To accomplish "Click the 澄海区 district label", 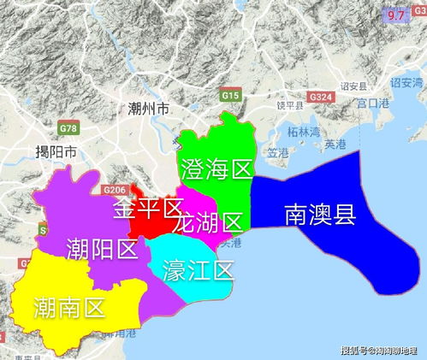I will pyautogui.click(x=215, y=168).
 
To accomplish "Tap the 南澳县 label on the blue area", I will pyautogui.click(x=319, y=214).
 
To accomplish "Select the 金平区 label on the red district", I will pyautogui.click(x=149, y=208).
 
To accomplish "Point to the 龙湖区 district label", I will pyautogui.click(x=207, y=225).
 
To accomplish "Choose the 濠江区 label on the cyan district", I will pyautogui.click(x=199, y=271).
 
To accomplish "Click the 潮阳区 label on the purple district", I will pyautogui.click(x=102, y=249).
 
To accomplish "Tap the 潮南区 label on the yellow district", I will pyautogui.click(x=70, y=306).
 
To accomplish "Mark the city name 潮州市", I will pyautogui.click(x=148, y=109).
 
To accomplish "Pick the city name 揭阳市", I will pyautogui.click(x=56, y=152).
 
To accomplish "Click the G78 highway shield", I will pyautogui.click(x=68, y=128).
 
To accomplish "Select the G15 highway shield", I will pyautogui.click(x=229, y=96).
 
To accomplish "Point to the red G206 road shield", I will pyautogui.click(x=113, y=189).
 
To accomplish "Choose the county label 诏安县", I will pyautogui.click(x=353, y=86).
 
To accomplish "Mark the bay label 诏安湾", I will pyautogui.click(x=406, y=83).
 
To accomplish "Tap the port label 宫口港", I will pyautogui.click(x=373, y=103).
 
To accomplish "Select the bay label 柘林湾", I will pyautogui.click(x=303, y=132).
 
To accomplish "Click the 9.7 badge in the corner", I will pyautogui.click(x=395, y=15).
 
